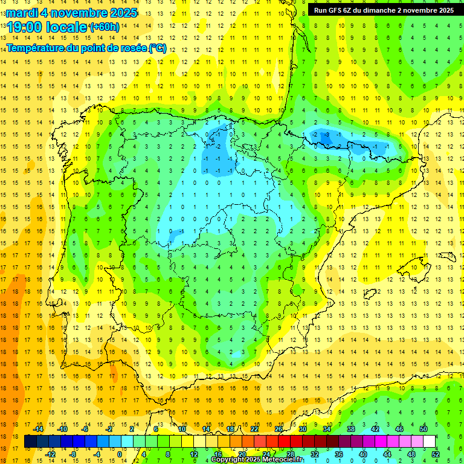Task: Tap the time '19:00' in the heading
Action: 25,27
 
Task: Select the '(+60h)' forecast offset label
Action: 104,27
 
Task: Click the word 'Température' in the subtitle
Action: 35,48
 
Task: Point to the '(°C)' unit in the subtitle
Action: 157,48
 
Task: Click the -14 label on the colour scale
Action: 38,429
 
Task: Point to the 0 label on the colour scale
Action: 120,454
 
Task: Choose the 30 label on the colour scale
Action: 302,429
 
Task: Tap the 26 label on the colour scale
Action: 278,429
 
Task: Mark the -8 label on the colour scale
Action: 73,454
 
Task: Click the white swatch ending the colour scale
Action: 429,442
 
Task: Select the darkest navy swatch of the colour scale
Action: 30,442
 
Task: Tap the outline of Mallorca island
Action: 415,266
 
